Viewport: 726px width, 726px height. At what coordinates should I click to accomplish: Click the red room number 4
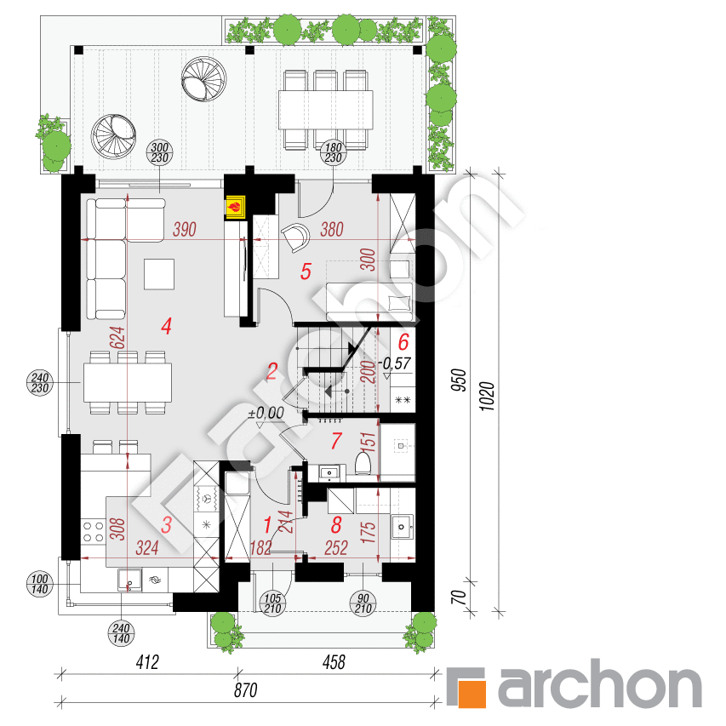(167, 324)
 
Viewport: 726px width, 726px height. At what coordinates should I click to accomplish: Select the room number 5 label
(306, 272)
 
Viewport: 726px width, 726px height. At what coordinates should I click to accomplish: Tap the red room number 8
(336, 524)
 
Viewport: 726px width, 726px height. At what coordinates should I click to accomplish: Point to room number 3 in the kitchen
(167, 526)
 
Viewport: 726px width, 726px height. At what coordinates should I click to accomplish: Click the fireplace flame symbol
(234, 206)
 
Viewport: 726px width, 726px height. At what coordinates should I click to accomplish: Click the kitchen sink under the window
(129, 580)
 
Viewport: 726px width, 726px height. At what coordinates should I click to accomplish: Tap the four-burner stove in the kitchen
(92, 534)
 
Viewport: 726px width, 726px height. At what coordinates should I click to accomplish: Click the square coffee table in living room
(160, 274)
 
